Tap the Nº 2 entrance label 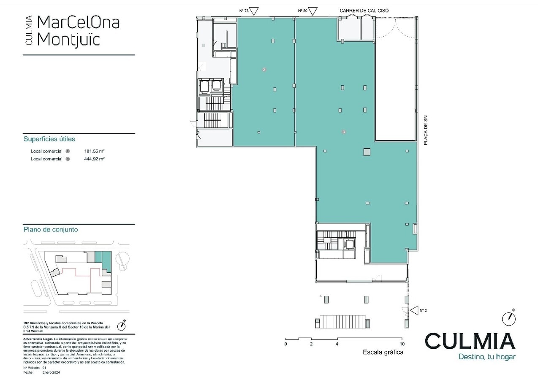423,310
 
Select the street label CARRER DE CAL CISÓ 364,11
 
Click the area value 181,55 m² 95,151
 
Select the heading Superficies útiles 49,139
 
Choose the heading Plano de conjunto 50,230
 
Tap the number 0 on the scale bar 285,344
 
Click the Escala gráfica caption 383,352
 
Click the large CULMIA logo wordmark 470,341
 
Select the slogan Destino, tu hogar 487,357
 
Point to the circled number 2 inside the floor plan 264,69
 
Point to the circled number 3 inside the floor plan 344,132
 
